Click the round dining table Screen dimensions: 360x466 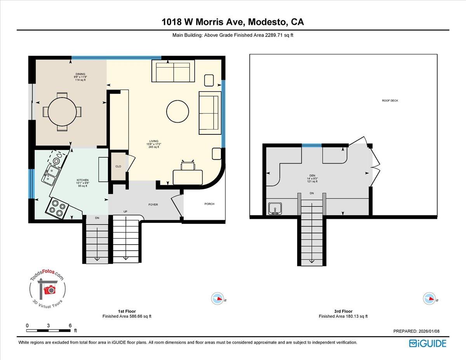62,111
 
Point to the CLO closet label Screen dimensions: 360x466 118,167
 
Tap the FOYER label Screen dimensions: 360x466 153,205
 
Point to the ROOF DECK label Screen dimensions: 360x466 390,101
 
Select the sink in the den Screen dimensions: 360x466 275,209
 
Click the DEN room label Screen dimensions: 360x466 312,175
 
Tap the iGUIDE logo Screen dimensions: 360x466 428,343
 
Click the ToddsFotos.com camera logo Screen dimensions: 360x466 48,289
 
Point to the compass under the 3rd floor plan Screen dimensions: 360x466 429,298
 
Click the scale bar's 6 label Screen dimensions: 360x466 70,325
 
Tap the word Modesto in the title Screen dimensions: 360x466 265,22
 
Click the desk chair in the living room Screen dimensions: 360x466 188,165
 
